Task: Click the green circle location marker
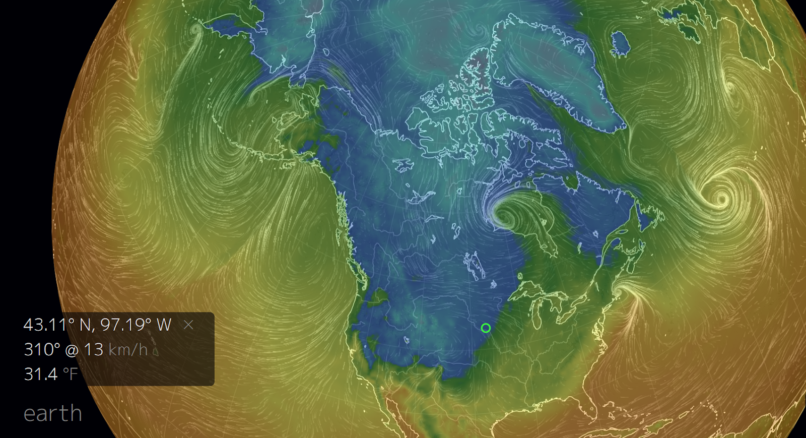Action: pyautogui.click(x=486, y=328)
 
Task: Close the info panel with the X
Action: pyautogui.click(x=188, y=325)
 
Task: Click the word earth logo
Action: pyautogui.click(x=53, y=414)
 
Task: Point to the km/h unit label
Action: pyautogui.click(x=128, y=349)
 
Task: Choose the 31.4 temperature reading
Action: pyautogui.click(x=41, y=374)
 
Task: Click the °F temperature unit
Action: pyautogui.click(x=71, y=374)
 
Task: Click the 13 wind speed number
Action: pyautogui.click(x=93, y=349)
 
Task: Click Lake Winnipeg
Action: pyautogui.click(x=474, y=265)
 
